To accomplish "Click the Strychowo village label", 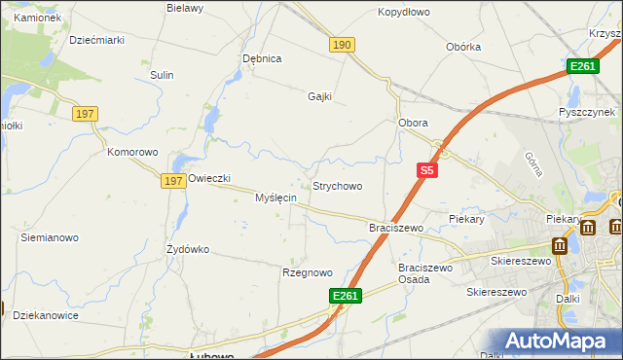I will [x=337, y=186].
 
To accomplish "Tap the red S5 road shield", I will [x=426, y=170].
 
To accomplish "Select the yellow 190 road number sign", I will [x=342, y=45].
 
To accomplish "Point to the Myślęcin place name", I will [x=275, y=198].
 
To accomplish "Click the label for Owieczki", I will [x=209, y=178].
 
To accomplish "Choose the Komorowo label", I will [x=132, y=153].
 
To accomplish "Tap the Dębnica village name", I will [x=262, y=58].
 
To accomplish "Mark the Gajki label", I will [x=320, y=96].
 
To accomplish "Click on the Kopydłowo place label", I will [x=404, y=13].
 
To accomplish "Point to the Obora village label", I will [x=414, y=124].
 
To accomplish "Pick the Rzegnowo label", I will [x=308, y=272].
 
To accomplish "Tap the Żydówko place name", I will [x=188, y=249].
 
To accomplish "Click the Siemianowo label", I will [x=50, y=237].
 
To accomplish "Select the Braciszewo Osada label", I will [x=427, y=272].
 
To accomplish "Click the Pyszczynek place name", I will [x=590, y=112].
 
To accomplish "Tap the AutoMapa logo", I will [x=559, y=342].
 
